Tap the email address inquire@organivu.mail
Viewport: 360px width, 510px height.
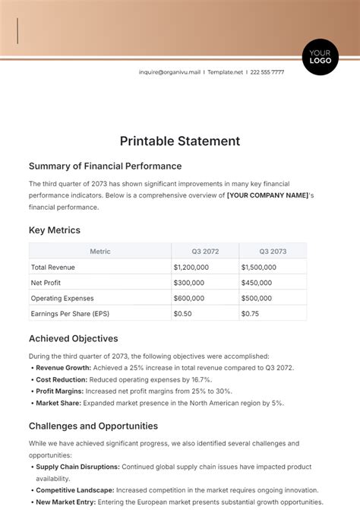point(169,72)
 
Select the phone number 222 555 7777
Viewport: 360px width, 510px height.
point(267,72)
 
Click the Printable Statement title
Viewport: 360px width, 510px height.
point(180,141)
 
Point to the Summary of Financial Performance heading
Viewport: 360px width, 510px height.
point(105,166)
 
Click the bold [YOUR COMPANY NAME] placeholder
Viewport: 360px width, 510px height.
point(267,195)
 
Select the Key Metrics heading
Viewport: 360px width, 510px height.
point(55,230)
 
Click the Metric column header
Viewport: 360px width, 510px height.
point(100,251)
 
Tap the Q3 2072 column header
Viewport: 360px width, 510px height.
point(204,251)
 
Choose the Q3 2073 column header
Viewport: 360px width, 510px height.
point(273,251)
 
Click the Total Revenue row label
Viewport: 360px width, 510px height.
point(53,267)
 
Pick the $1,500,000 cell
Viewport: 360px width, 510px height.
point(259,267)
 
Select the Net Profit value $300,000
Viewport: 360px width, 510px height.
point(189,283)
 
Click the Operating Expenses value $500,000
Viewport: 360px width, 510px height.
point(257,298)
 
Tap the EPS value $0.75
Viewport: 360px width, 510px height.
point(250,313)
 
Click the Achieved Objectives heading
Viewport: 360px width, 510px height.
point(74,338)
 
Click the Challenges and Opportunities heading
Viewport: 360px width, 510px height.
point(93,426)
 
